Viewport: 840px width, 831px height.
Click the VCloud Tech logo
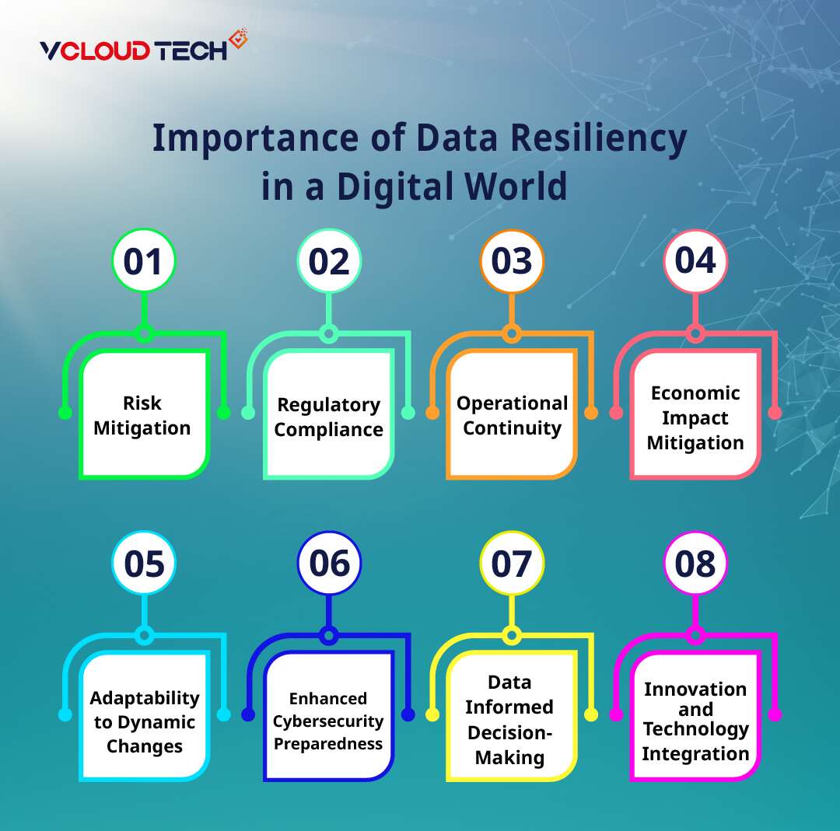(143, 48)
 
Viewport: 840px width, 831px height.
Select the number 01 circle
(144, 261)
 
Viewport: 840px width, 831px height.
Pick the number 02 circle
(329, 261)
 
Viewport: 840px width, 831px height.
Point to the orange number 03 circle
(512, 261)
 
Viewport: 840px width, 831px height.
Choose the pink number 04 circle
(695, 261)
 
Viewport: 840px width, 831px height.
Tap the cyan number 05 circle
(144, 563)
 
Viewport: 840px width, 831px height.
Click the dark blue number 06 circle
(329, 563)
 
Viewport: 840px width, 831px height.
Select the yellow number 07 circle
(512, 563)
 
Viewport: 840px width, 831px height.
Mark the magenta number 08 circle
(695, 563)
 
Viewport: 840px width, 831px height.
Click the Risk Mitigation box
(143, 415)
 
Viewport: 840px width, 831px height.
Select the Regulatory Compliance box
(328, 417)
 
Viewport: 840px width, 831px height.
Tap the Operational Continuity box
(512, 415)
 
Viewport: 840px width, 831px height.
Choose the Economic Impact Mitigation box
(695, 417)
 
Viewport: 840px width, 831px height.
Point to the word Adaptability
(145, 697)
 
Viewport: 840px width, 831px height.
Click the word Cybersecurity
(328, 721)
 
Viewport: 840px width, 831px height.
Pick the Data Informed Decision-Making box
(510, 719)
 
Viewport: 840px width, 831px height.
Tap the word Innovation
(695, 689)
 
